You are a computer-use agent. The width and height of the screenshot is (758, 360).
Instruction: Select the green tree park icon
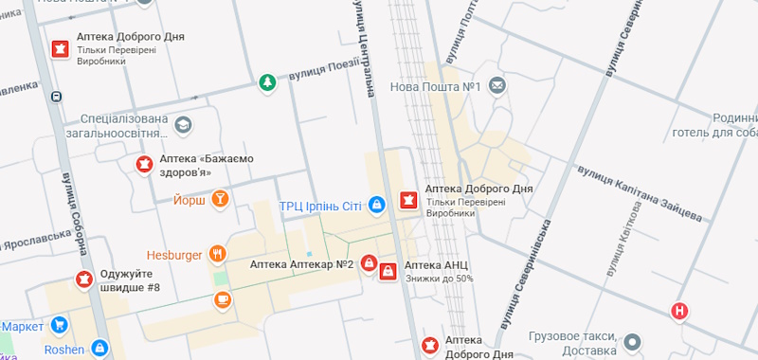268,83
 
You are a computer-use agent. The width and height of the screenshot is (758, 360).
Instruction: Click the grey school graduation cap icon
183,125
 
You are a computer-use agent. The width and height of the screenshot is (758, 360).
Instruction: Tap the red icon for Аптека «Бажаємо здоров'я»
144,165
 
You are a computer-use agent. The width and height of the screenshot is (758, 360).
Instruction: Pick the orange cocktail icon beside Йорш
221,199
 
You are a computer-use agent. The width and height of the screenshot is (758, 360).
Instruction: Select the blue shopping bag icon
376,205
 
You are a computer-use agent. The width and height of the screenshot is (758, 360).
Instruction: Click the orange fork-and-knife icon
219,254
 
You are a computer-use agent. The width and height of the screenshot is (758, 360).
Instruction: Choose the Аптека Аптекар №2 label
301,264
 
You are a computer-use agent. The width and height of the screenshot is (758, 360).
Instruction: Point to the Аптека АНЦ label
437,264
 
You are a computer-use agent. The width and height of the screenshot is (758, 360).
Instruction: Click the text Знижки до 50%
439,279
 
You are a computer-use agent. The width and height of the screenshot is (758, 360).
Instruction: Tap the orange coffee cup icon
223,300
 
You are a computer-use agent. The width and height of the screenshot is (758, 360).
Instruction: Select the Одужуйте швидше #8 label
131,281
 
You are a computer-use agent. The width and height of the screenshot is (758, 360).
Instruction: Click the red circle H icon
679,311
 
